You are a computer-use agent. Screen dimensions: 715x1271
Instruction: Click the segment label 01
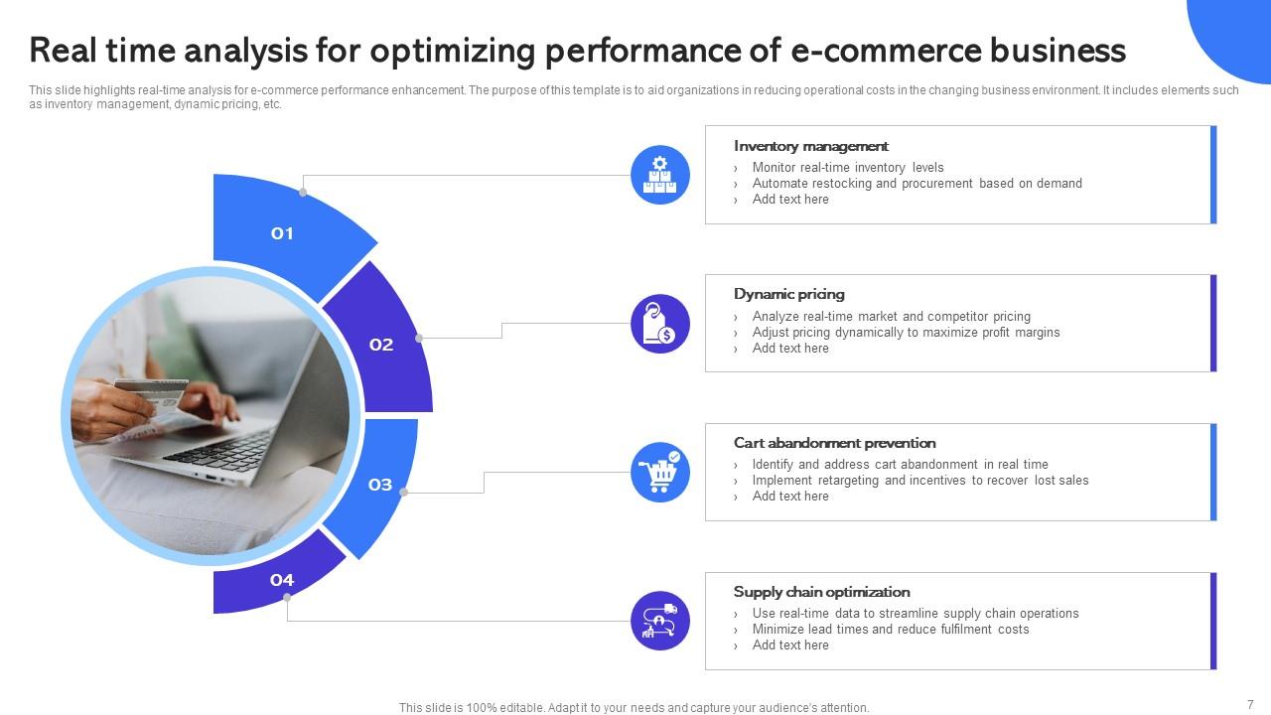click(282, 233)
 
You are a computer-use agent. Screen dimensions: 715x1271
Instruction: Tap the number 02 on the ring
click(381, 345)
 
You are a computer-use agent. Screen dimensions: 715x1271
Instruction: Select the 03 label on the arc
click(380, 485)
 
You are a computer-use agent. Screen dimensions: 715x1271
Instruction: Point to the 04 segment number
click(282, 580)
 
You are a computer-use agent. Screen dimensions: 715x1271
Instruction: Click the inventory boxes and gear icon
click(660, 175)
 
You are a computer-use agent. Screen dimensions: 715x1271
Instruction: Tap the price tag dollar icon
click(660, 324)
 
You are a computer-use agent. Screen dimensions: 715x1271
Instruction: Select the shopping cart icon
click(660, 473)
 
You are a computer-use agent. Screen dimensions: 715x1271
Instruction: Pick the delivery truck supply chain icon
click(660, 621)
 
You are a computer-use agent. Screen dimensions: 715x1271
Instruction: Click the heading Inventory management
click(810, 146)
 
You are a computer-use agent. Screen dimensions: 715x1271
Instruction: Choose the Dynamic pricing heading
click(788, 294)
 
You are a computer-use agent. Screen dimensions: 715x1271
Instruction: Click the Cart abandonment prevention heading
click(834, 443)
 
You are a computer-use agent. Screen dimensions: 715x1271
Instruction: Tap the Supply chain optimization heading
click(821, 592)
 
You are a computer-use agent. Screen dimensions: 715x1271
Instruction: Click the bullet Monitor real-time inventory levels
click(847, 168)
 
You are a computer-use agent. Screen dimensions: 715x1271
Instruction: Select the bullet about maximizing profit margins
click(906, 333)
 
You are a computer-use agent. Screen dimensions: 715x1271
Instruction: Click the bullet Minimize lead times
click(890, 630)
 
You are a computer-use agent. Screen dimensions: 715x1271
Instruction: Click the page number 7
click(1250, 704)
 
